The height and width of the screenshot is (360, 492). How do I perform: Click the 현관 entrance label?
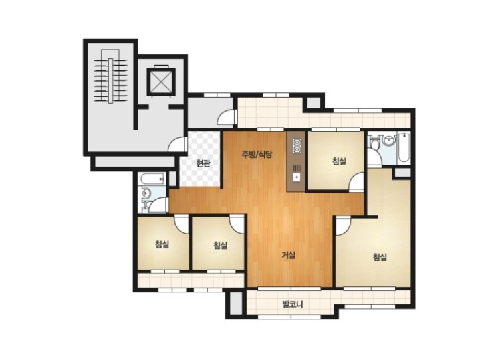[203, 163]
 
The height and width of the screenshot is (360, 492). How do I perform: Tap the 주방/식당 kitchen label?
[257, 154]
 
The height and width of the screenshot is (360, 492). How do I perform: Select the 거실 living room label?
[288, 255]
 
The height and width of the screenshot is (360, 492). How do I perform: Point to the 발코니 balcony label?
[292, 304]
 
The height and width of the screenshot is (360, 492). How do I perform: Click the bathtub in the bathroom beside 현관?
[153, 179]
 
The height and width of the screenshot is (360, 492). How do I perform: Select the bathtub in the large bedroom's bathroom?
[403, 147]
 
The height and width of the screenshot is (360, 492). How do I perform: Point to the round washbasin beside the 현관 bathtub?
[146, 192]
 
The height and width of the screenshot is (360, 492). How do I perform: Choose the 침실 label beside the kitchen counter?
[339, 161]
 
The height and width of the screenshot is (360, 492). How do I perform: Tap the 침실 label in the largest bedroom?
[380, 257]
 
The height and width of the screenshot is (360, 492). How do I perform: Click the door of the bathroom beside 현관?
[158, 205]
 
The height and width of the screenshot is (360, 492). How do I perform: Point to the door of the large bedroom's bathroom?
[374, 159]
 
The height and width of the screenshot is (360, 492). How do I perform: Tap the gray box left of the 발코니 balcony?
[235, 304]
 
